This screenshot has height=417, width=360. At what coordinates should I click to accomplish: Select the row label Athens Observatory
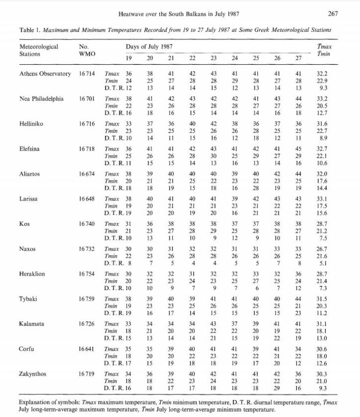45,74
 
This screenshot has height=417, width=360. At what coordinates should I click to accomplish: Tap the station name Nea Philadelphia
41,98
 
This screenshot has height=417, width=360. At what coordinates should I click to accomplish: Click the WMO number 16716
88,123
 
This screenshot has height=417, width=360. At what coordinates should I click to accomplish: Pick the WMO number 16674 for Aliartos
88,173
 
